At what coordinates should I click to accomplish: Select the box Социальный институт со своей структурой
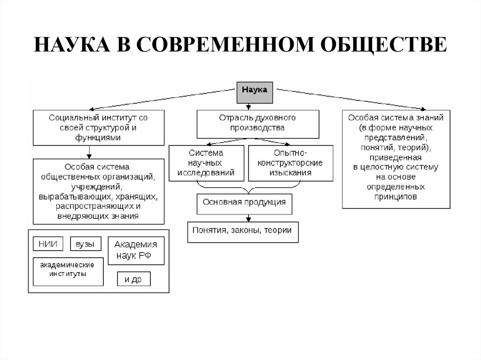point(98,127)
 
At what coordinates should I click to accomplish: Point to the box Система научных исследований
point(206,163)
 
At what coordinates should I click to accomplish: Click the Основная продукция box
point(244,203)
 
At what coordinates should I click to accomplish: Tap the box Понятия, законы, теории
point(242,231)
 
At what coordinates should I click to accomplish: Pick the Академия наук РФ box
point(136,251)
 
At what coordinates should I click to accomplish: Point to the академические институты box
point(68,271)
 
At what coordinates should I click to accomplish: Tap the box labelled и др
point(134,279)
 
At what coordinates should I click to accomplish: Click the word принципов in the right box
point(396,197)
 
